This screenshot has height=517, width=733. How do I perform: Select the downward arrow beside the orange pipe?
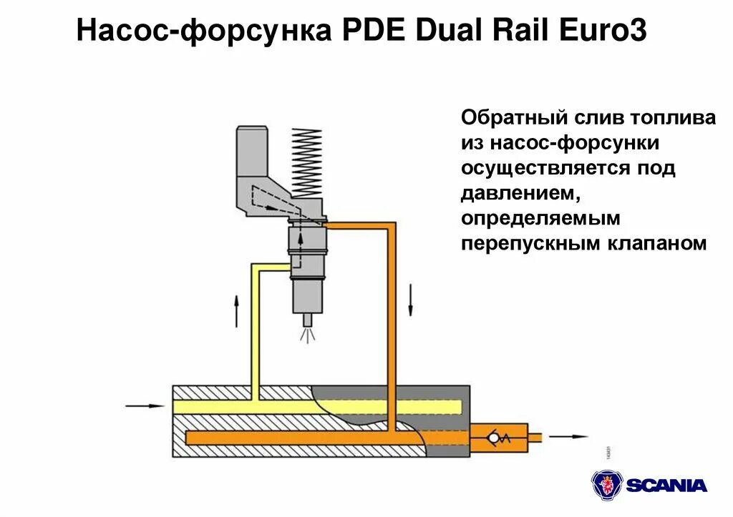pos(411,299)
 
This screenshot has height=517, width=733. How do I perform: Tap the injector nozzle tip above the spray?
pos(308,320)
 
